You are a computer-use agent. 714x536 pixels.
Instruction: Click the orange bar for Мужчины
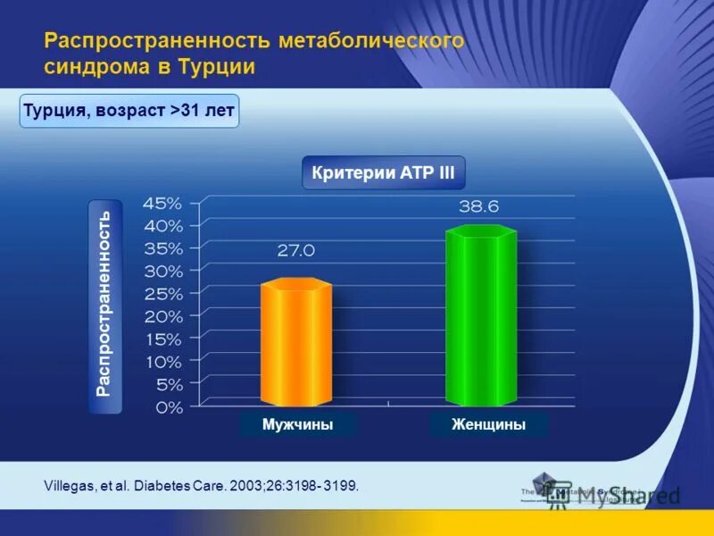[295, 344]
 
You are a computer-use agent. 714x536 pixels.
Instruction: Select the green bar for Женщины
[481, 317]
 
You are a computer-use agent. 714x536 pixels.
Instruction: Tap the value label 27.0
[295, 251]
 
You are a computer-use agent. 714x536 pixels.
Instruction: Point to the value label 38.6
[479, 206]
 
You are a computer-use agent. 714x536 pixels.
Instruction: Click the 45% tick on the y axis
[163, 202]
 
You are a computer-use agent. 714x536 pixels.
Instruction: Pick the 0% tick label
[168, 407]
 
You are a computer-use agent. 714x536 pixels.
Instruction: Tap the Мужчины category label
[298, 425]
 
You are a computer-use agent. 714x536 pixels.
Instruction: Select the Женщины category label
[488, 425]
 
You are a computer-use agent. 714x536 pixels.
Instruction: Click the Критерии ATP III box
[383, 173]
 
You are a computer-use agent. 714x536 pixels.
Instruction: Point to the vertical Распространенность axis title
[104, 305]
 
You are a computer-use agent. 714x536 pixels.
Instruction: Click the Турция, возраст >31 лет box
[129, 112]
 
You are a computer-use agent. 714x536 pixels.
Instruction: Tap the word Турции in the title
[219, 67]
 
